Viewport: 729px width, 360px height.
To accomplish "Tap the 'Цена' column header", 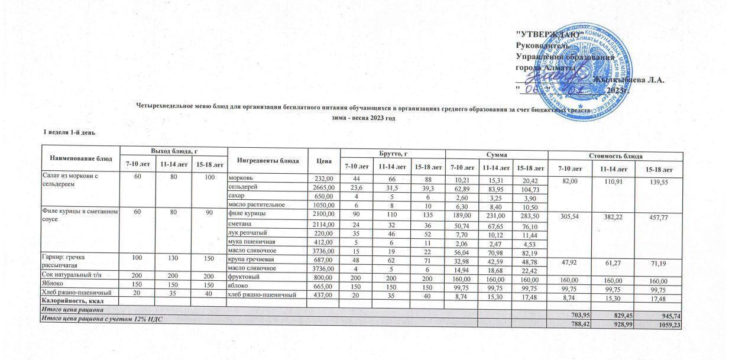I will pyautogui.click(x=323, y=160).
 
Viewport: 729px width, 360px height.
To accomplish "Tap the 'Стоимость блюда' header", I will pyautogui.click(x=615, y=155).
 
